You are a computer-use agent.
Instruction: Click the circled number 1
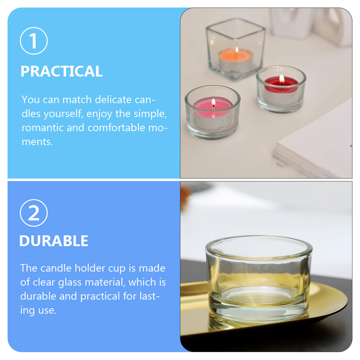(x=33, y=41)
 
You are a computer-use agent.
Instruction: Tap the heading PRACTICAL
(x=61, y=71)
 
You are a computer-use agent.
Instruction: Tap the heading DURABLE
(x=54, y=241)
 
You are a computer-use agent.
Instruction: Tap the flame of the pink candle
(x=213, y=102)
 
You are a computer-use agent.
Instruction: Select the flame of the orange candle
(x=236, y=50)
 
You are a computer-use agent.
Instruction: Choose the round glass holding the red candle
(x=281, y=90)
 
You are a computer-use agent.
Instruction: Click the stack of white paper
(x=316, y=147)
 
